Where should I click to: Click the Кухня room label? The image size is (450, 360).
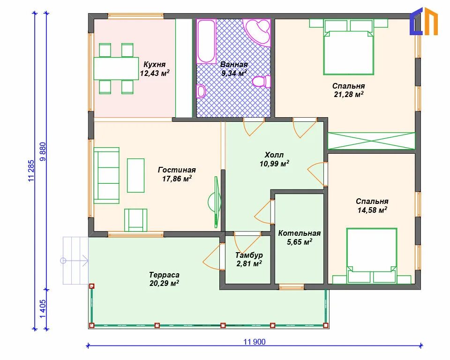(154, 64)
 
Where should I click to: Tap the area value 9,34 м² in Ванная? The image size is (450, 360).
(234, 73)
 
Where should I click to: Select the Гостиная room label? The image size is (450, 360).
(177, 170)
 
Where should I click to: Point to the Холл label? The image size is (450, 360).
(274, 155)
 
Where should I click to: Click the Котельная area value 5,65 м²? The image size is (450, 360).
(300, 242)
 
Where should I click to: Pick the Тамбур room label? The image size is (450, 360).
(249, 255)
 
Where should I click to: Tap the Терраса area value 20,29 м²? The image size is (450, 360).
(164, 283)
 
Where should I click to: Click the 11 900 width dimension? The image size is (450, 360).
(255, 342)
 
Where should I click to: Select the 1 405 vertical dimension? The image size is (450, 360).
(42, 309)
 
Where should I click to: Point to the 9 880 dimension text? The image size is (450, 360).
(43, 151)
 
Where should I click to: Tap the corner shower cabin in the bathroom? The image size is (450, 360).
(257, 32)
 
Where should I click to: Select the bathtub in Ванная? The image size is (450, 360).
(206, 41)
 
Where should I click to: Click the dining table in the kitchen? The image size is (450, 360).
(116, 68)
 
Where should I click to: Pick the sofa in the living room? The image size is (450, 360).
(106, 175)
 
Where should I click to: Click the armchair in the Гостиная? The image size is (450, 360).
(135, 220)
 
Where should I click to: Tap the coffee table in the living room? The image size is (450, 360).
(136, 175)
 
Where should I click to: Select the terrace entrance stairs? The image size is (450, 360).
(75, 261)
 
